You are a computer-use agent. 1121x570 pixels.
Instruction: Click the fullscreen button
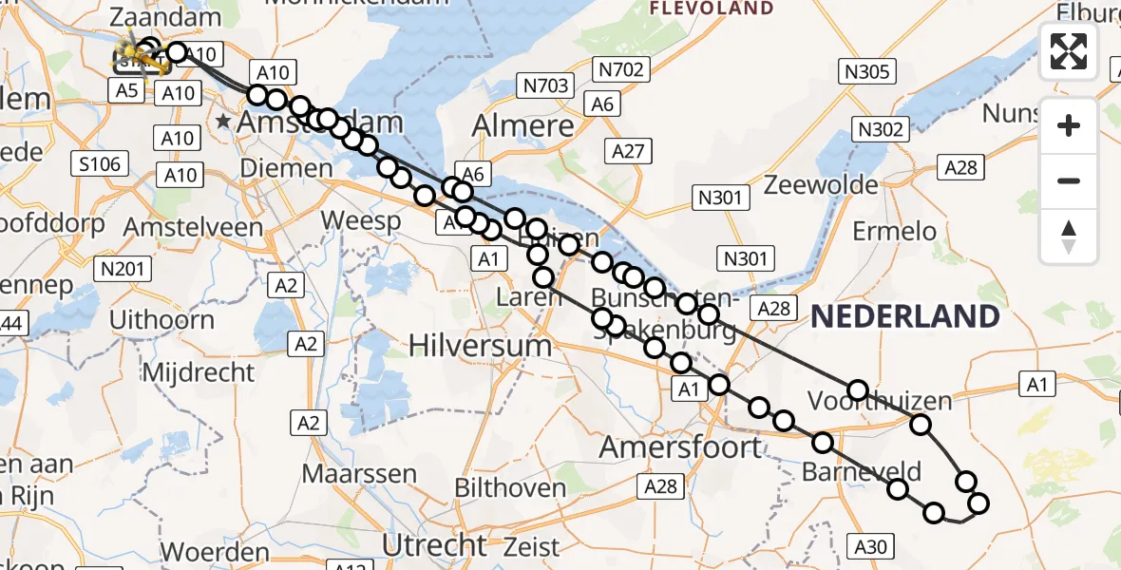pyautogui.click(x=1069, y=51)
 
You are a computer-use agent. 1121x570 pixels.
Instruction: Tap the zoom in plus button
pyautogui.click(x=1069, y=125)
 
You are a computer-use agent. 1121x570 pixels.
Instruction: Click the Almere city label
pyautogui.click(x=523, y=126)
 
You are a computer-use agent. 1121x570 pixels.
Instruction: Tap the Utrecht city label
pyautogui.click(x=434, y=545)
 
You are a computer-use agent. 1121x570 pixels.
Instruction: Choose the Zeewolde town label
pyautogui.click(x=821, y=184)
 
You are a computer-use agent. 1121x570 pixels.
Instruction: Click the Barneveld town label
pyautogui.click(x=862, y=471)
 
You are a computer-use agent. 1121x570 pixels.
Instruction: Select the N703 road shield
pyautogui.click(x=545, y=86)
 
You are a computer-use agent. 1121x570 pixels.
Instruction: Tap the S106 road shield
pyautogui.click(x=100, y=164)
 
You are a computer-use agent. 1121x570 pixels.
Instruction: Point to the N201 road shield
pyautogui.click(x=123, y=270)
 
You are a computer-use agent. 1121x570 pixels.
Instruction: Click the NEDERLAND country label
pyautogui.click(x=904, y=317)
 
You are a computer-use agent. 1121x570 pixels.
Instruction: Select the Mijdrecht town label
pyautogui.click(x=199, y=371)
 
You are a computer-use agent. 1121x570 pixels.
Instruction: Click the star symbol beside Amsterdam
pyautogui.click(x=223, y=122)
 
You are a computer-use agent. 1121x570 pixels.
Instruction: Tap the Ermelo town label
pyautogui.click(x=894, y=231)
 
